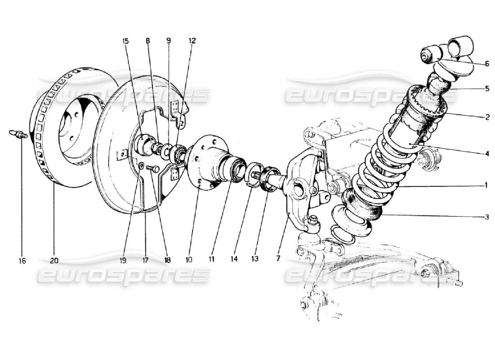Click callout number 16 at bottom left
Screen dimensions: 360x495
point(22,261)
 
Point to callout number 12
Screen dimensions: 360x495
point(192,40)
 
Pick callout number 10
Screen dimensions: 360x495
point(189,260)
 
